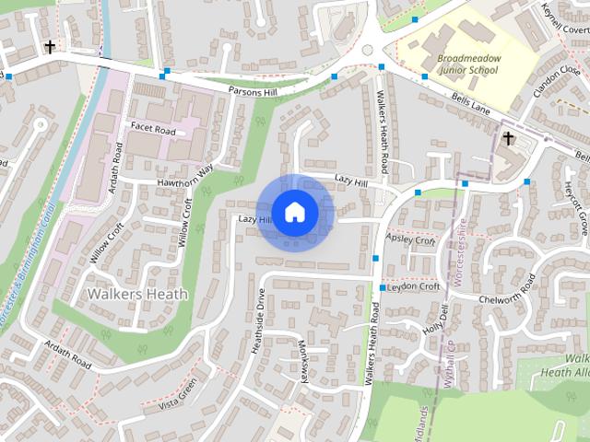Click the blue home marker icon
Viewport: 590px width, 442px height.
[x=294, y=212]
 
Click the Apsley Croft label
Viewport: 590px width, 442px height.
[x=411, y=240]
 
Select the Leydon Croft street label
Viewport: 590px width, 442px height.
[x=414, y=286]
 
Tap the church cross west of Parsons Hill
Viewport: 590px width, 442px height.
[x=47, y=45]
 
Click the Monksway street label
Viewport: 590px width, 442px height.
[x=305, y=359]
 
